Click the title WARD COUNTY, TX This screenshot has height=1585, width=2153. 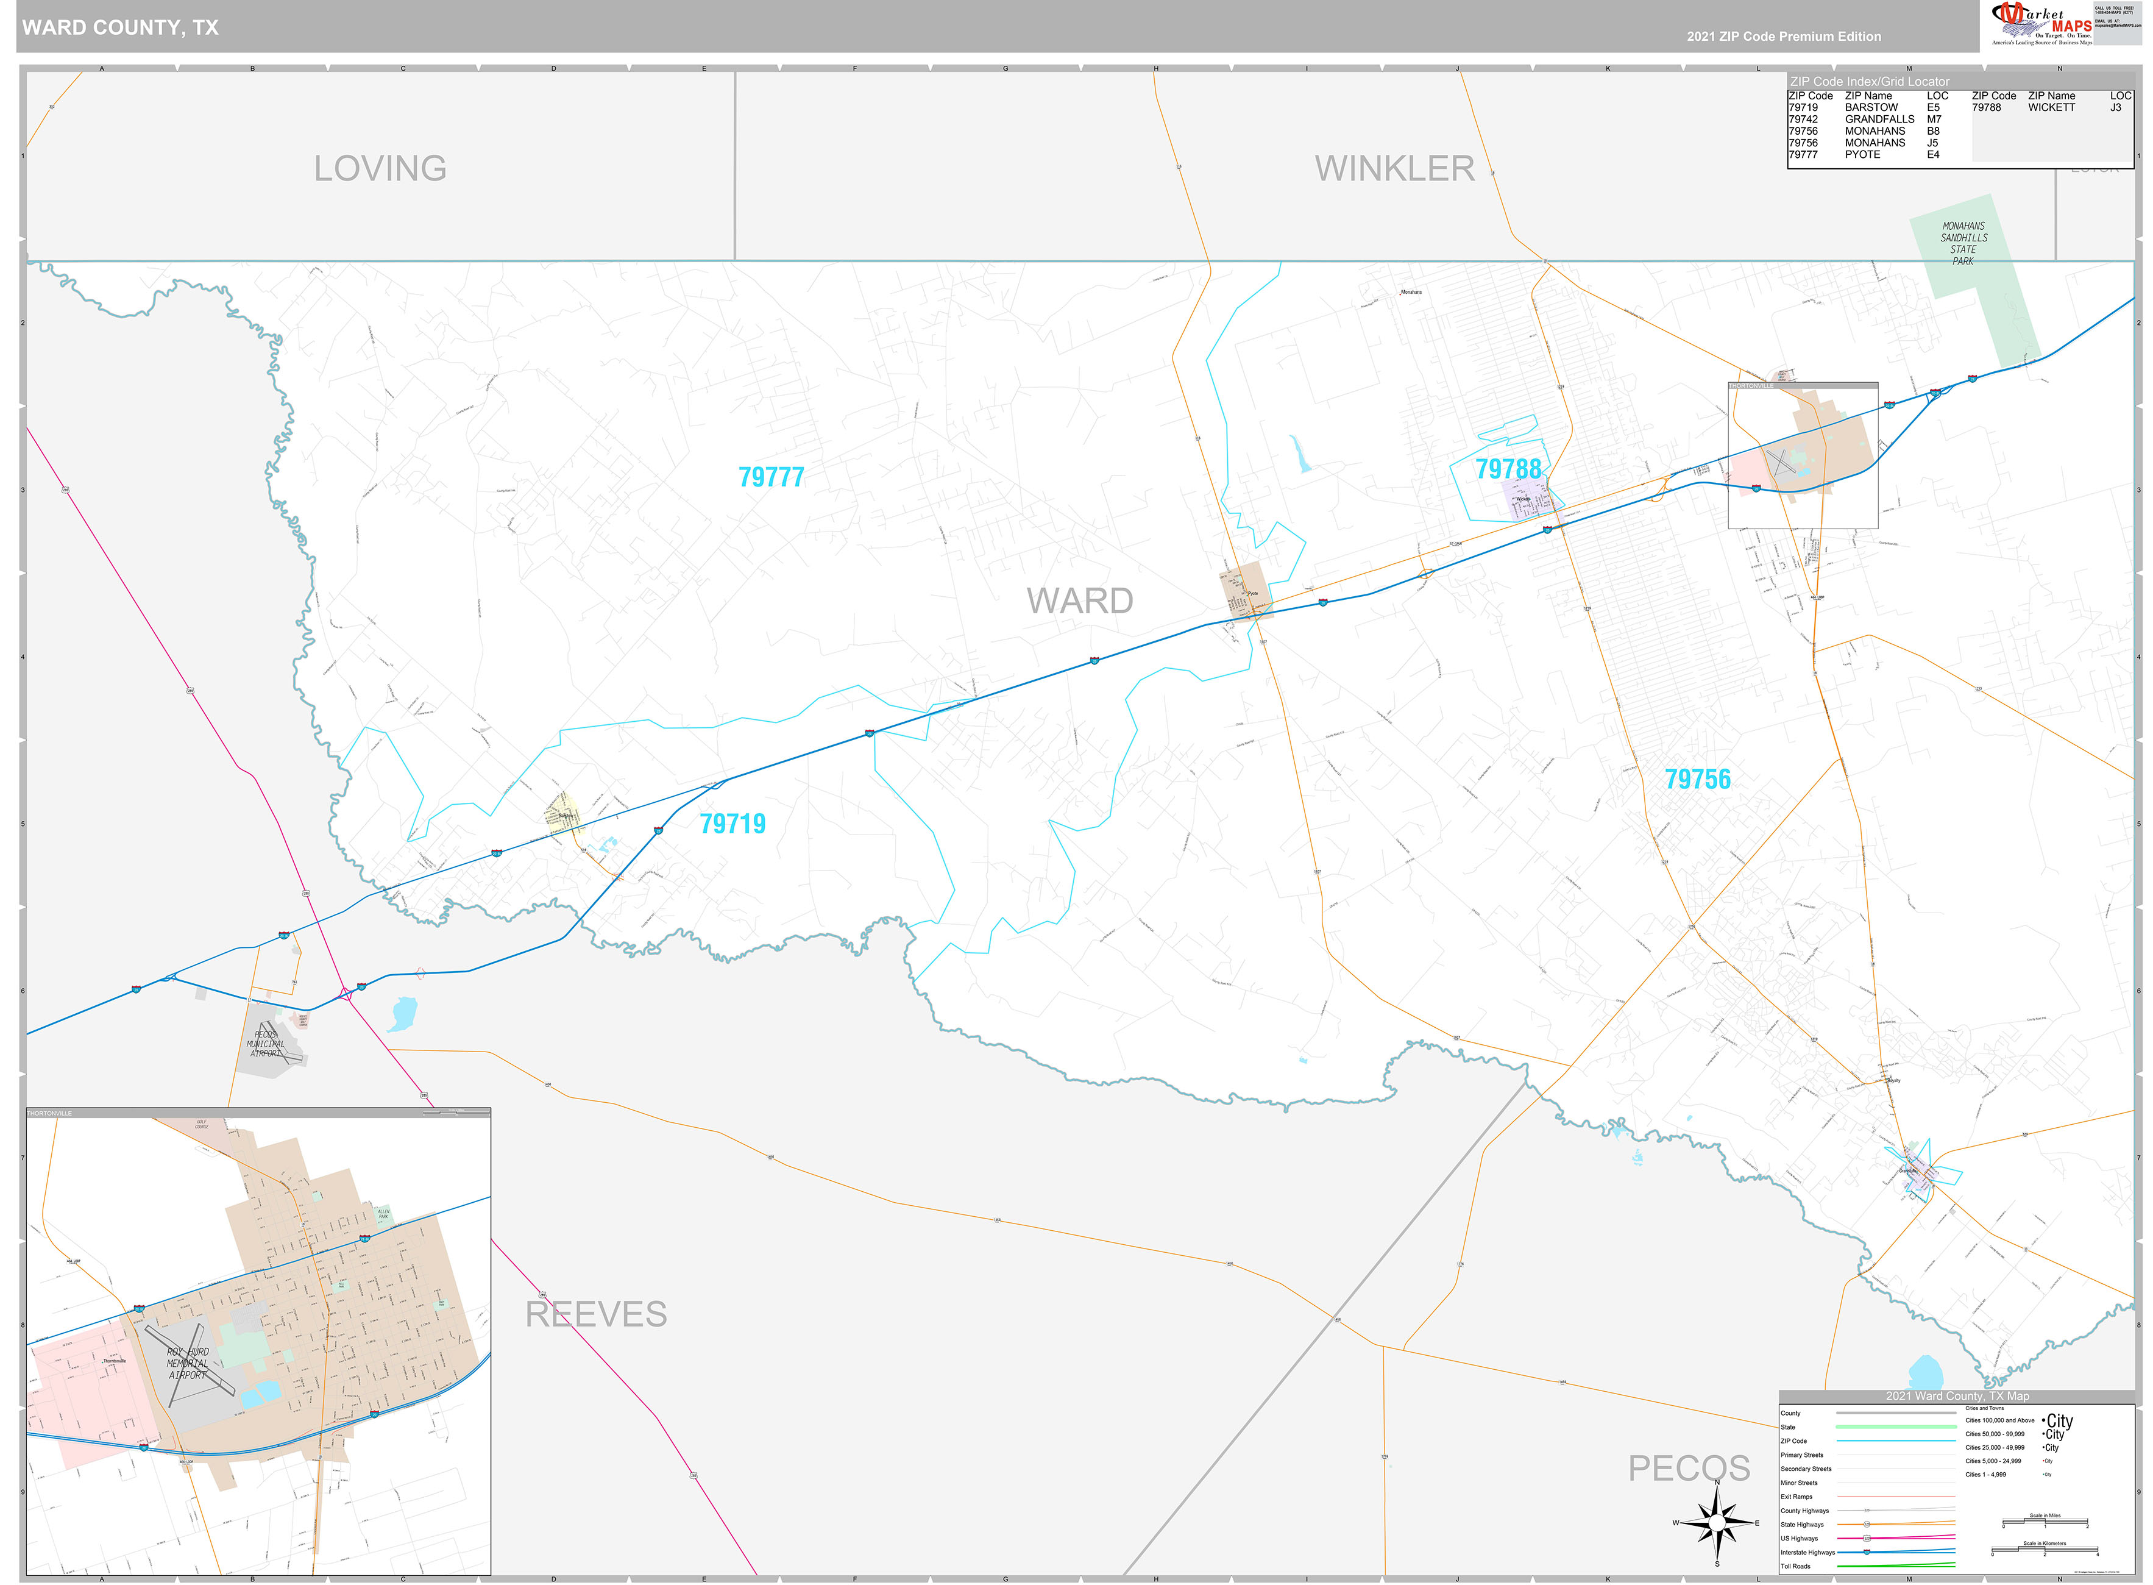tap(120, 27)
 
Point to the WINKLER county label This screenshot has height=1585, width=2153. tap(1394, 169)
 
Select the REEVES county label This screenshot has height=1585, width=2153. tap(595, 1314)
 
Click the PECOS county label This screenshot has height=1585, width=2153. tap(1689, 1468)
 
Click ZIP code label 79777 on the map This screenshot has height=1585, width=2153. tap(771, 477)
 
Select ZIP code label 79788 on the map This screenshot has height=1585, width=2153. tap(1508, 469)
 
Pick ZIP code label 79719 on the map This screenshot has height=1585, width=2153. tap(732, 823)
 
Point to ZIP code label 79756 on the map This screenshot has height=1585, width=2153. tap(1697, 779)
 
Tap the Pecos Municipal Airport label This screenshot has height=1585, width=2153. tap(266, 1044)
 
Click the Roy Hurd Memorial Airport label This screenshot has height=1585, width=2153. tap(188, 1363)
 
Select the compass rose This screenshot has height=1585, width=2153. tap(1717, 1523)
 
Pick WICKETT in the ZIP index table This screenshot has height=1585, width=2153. tap(2051, 107)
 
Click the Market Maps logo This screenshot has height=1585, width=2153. tap(2041, 24)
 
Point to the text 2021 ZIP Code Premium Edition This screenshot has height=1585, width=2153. tap(1784, 37)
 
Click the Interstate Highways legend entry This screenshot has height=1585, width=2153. tap(1807, 1552)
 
